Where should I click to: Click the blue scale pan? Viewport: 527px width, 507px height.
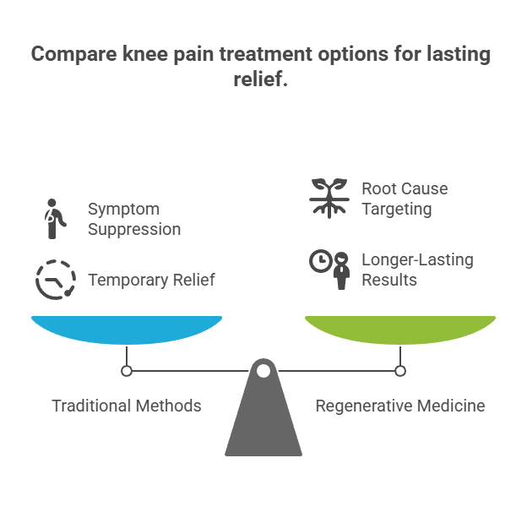point(127,329)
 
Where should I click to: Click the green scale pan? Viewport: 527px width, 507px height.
point(400,329)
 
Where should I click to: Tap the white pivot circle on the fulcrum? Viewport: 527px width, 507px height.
point(263,370)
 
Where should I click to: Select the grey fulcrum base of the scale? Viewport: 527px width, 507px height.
point(263,422)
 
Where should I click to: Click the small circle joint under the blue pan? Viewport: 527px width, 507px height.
point(127,370)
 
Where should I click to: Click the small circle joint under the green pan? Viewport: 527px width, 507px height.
point(400,370)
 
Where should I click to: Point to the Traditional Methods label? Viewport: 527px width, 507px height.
point(127,406)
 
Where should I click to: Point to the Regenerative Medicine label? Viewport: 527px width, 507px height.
point(400,406)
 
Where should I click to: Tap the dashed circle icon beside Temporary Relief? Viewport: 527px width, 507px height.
point(55,280)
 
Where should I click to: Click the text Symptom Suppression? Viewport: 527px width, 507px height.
point(134,218)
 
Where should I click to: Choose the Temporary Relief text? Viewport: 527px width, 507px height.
point(151,280)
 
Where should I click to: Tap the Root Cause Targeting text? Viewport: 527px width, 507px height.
point(405,198)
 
